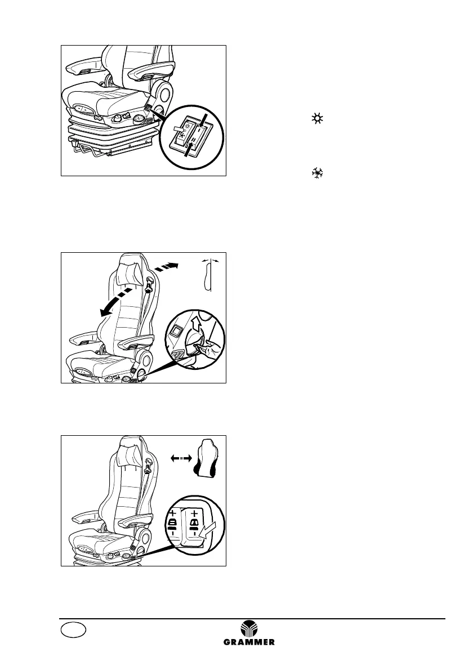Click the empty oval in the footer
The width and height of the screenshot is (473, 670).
click(74, 630)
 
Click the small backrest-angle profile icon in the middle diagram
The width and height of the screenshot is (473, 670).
click(208, 276)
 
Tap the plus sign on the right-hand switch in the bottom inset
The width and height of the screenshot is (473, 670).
click(195, 513)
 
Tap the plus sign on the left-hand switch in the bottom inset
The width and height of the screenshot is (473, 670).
click(172, 512)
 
